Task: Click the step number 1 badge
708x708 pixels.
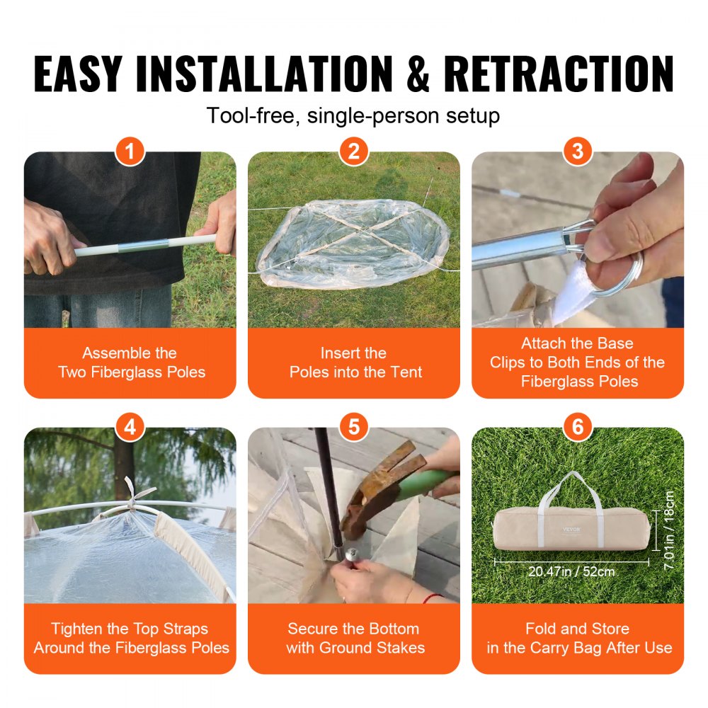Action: coord(130,152)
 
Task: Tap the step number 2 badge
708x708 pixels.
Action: coord(353,152)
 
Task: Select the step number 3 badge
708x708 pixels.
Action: coord(578,152)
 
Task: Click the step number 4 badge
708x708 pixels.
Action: coord(130,427)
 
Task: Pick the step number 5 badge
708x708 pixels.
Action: coord(353,427)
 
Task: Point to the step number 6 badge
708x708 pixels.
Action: coord(578,427)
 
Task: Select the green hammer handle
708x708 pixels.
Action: coord(432,483)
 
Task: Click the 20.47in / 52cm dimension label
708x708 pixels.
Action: coord(572,571)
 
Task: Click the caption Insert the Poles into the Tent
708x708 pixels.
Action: coord(354,362)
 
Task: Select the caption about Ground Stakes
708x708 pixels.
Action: coord(355,638)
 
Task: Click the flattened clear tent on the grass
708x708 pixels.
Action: coord(354,244)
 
